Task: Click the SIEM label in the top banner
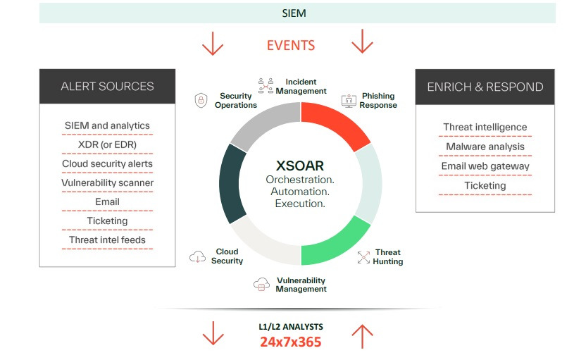click(294, 13)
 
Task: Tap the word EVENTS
click(291, 45)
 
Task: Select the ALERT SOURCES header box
click(107, 87)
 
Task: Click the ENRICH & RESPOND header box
click(485, 87)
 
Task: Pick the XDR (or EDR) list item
click(107, 145)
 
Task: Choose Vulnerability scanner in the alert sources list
click(107, 183)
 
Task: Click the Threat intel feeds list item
click(107, 240)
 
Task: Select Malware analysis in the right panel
click(485, 147)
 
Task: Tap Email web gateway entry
click(485, 166)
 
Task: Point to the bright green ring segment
click(336, 244)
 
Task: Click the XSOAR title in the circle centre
click(300, 167)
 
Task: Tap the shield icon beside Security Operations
click(201, 101)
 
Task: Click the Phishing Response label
click(378, 101)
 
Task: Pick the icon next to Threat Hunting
click(363, 257)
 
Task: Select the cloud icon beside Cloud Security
click(198, 257)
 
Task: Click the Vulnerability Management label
click(301, 285)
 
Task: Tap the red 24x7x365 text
click(290, 342)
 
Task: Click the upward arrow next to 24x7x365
click(362, 337)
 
